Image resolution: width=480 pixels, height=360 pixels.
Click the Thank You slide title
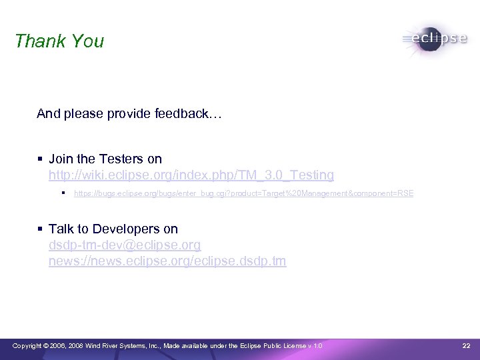pyautogui.click(x=59, y=41)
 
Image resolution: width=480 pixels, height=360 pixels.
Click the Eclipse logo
pyautogui.click(x=435, y=39)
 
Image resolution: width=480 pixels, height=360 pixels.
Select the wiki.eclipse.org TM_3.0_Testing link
pyautogui.click(x=191, y=175)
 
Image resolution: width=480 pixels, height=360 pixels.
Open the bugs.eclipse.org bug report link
pyautogui.click(x=243, y=193)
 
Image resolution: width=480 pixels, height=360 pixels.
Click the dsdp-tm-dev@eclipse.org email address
pyautogui.click(x=125, y=245)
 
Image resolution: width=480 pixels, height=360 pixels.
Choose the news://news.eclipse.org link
pyautogui.click(x=167, y=261)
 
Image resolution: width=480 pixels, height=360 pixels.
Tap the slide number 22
pyautogui.click(x=466, y=345)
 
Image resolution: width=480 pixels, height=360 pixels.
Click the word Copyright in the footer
pyautogui.click(x=27, y=345)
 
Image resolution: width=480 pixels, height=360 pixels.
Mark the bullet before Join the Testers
pyautogui.click(x=41, y=159)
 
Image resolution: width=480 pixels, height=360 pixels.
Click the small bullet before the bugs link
pyautogui.click(x=63, y=193)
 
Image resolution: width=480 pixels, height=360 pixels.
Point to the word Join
pyautogui.click(x=61, y=159)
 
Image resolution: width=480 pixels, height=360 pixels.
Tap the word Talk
pyautogui.click(x=61, y=229)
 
